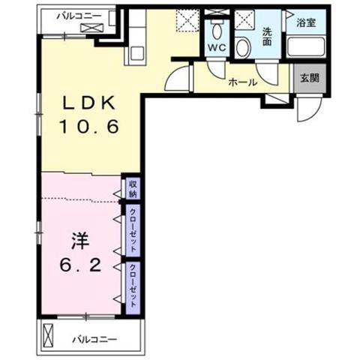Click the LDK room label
click(88, 102)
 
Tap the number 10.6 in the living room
click(88, 126)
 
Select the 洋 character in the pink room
click(80, 241)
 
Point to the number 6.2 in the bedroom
click(80, 265)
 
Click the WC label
click(217, 47)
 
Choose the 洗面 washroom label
click(267, 37)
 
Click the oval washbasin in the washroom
click(243, 48)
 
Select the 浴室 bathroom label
click(306, 22)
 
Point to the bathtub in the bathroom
click(306, 46)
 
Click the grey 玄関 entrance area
click(310, 78)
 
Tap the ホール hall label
click(242, 82)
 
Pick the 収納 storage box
click(133, 188)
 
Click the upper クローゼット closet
click(133, 230)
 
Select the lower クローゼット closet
click(133, 287)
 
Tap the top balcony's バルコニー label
click(79, 16)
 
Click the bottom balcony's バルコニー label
click(94, 339)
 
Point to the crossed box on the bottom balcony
click(48, 335)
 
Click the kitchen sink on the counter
click(136, 53)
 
